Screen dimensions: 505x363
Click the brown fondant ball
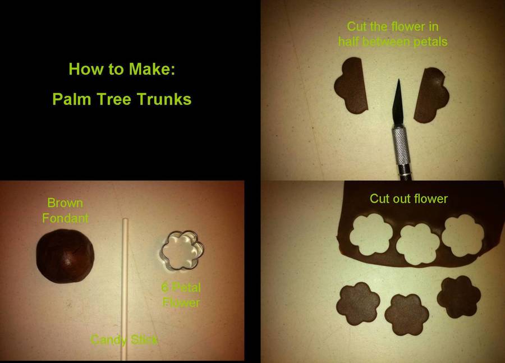[x=65, y=256]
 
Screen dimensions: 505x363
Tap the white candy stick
[x=125, y=290]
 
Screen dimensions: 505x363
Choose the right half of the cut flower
[x=431, y=95]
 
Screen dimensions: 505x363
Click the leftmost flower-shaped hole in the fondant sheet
[x=371, y=234]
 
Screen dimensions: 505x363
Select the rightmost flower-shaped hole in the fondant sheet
[x=463, y=236]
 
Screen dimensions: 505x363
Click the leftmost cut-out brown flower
[x=358, y=304]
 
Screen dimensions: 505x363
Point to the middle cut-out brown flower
[x=407, y=315]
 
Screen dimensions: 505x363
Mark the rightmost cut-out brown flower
[x=459, y=297]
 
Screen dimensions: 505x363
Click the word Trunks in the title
[x=164, y=99]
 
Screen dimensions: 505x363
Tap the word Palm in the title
[x=71, y=99]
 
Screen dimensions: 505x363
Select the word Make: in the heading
[x=152, y=69]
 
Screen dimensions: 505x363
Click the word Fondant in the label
[x=66, y=218]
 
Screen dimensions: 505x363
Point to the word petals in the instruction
[x=430, y=42]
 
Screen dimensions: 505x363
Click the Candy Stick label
[x=124, y=340]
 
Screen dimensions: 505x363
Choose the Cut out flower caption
[x=408, y=199]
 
